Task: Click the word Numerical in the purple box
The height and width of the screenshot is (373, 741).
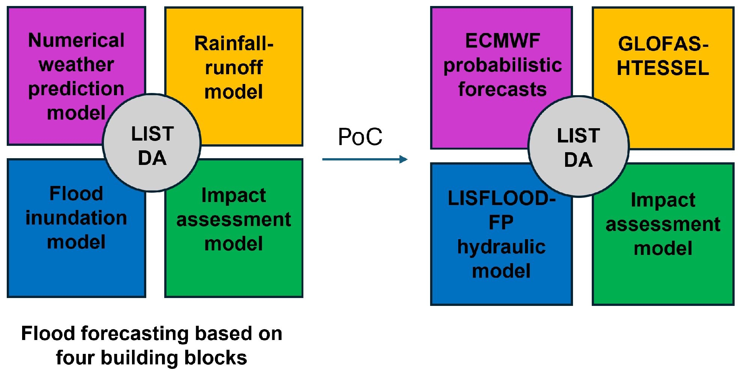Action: click(x=76, y=40)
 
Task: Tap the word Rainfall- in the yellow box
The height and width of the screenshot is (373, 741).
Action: click(x=234, y=43)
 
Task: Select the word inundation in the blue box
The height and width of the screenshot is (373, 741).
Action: click(x=76, y=218)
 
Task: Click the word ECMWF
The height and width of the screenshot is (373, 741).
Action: click(x=502, y=41)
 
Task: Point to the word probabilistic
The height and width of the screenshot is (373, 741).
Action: click(x=502, y=65)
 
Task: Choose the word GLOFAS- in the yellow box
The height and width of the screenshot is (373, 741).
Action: click(x=663, y=44)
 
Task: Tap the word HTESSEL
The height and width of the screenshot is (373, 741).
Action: click(x=663, y=68)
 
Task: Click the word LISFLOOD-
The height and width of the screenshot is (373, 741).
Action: click(x=501, y=198)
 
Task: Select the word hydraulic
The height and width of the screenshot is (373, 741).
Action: click(x=501, y=247)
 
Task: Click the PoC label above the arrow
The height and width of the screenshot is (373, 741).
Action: click(x=360, y=137)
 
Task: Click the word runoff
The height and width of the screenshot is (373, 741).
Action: click(x=234, y=68)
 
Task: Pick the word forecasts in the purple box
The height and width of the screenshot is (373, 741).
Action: click(x=502, y=90)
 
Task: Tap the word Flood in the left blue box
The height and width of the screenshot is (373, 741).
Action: click(x=76, y=194)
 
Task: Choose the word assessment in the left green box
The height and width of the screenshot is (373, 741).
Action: click(x=234, y=220)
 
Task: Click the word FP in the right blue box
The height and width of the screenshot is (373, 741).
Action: click(x=501, y=223)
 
